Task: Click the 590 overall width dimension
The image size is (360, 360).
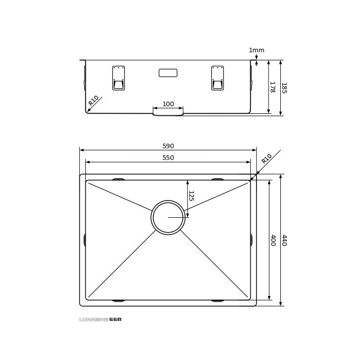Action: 168,146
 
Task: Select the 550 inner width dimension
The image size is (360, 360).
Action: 168,158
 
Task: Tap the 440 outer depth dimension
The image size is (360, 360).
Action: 284,240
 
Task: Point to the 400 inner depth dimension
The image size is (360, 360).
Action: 273,240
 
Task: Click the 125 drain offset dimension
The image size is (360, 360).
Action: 191,196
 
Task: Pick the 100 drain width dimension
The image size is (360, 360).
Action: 168,104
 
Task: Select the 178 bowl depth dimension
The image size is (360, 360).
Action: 273,87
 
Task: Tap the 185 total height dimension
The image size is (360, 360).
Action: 284,88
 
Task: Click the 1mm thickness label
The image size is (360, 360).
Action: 257,50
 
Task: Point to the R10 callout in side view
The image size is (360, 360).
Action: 93,101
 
